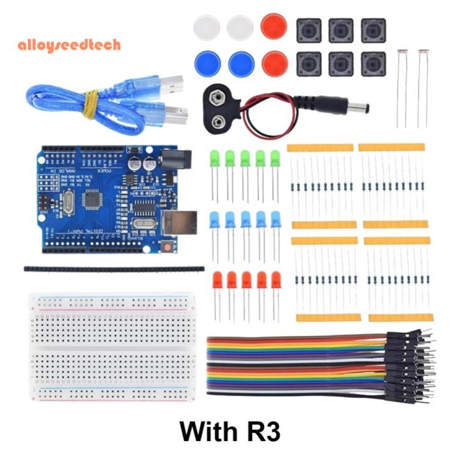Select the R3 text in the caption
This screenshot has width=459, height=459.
tap(261, 431)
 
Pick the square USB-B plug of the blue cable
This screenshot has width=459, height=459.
tap(172, 113)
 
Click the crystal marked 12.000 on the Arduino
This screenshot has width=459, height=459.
tap(145, 224)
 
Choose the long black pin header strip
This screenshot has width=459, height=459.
tap(114, 269)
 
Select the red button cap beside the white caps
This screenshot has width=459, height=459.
tap(274, 27)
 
